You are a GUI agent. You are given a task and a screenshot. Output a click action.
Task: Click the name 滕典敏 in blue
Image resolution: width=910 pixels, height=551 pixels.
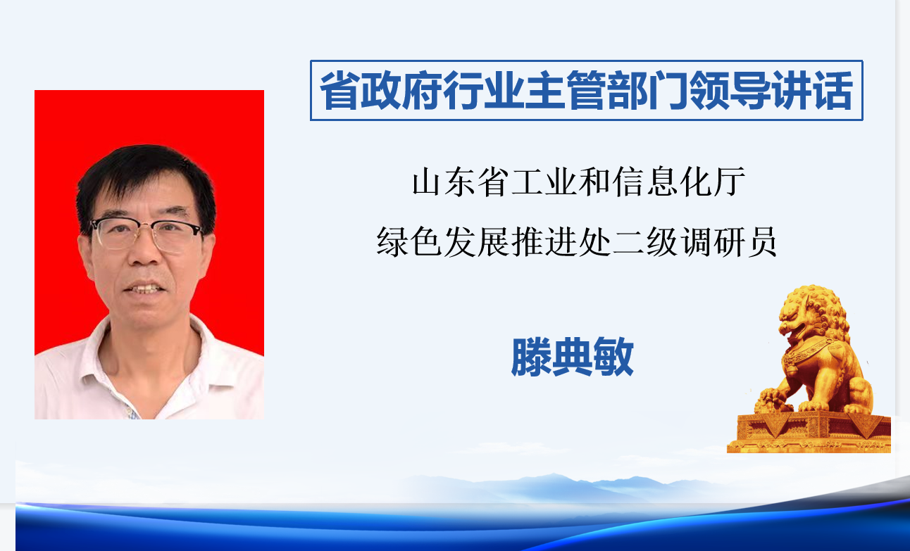573,357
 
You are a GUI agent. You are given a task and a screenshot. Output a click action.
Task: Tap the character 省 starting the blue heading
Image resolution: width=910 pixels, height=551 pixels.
339,90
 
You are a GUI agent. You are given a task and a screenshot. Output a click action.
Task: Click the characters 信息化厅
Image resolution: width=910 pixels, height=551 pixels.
679,182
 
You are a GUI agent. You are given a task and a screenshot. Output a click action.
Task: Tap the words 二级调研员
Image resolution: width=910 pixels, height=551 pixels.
695,242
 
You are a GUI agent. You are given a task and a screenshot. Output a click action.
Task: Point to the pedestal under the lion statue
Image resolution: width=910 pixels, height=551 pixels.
809,433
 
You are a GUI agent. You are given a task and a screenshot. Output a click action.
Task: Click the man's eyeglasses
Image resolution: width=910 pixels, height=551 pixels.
147,234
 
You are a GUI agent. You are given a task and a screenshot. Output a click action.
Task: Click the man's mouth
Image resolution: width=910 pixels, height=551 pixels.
144,289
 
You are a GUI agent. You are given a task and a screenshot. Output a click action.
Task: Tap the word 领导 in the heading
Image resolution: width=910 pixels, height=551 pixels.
730,90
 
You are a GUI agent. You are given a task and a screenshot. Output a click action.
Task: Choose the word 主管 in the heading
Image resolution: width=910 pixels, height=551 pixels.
565,90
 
